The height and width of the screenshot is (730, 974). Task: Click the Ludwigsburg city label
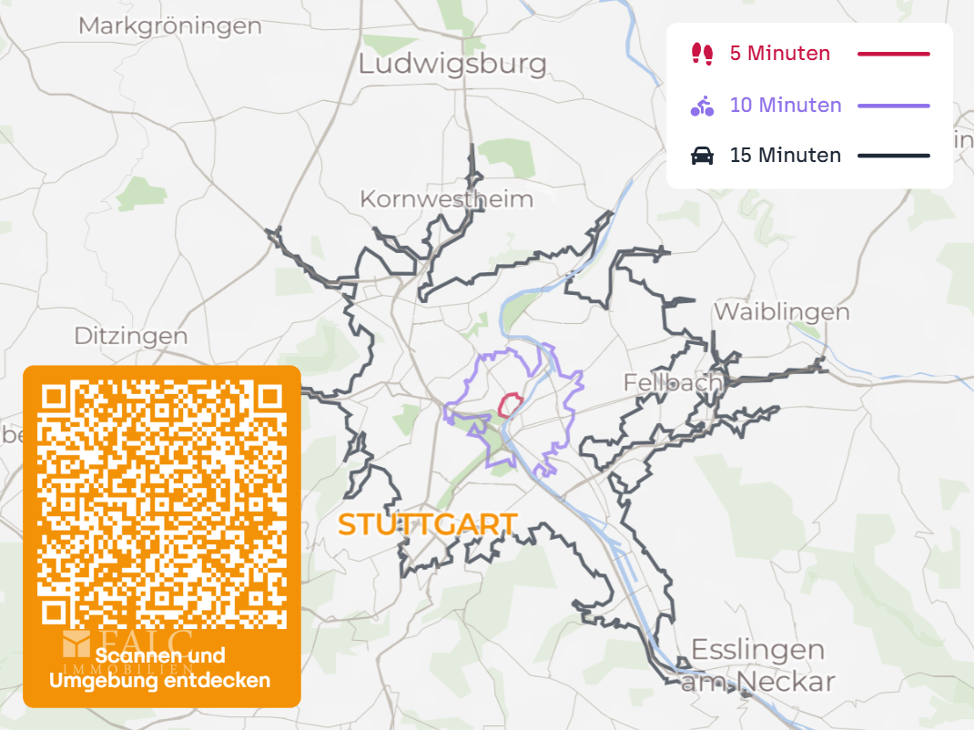tap(452, 64)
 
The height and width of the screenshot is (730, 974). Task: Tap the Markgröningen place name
tap(170, 25)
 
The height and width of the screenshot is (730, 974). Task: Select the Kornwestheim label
tap(446, 198)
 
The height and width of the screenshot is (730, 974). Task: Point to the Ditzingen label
tap(131, 336)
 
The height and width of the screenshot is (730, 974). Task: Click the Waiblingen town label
tap(781, 311)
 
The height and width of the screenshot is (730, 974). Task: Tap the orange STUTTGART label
tap(427, 524)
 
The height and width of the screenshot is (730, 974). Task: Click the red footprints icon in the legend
tap(702, 54)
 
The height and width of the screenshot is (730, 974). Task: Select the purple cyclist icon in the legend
tap(702, 106)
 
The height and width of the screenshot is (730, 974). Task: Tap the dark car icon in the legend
tap(702, 156)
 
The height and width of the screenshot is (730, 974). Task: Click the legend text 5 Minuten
tap(780, 54)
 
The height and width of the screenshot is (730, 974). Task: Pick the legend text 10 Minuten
tap(786, 106)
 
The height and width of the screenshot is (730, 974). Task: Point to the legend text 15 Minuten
tap(786, 156)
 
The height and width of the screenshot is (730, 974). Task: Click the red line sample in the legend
tap(893, 55)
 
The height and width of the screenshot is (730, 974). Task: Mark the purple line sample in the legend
tap(893, 106)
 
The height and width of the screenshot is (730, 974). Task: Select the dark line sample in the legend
tap(893, 156)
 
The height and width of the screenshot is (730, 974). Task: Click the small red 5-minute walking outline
tap(509, 404)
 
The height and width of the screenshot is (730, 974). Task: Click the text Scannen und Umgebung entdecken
tap(160, 668)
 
